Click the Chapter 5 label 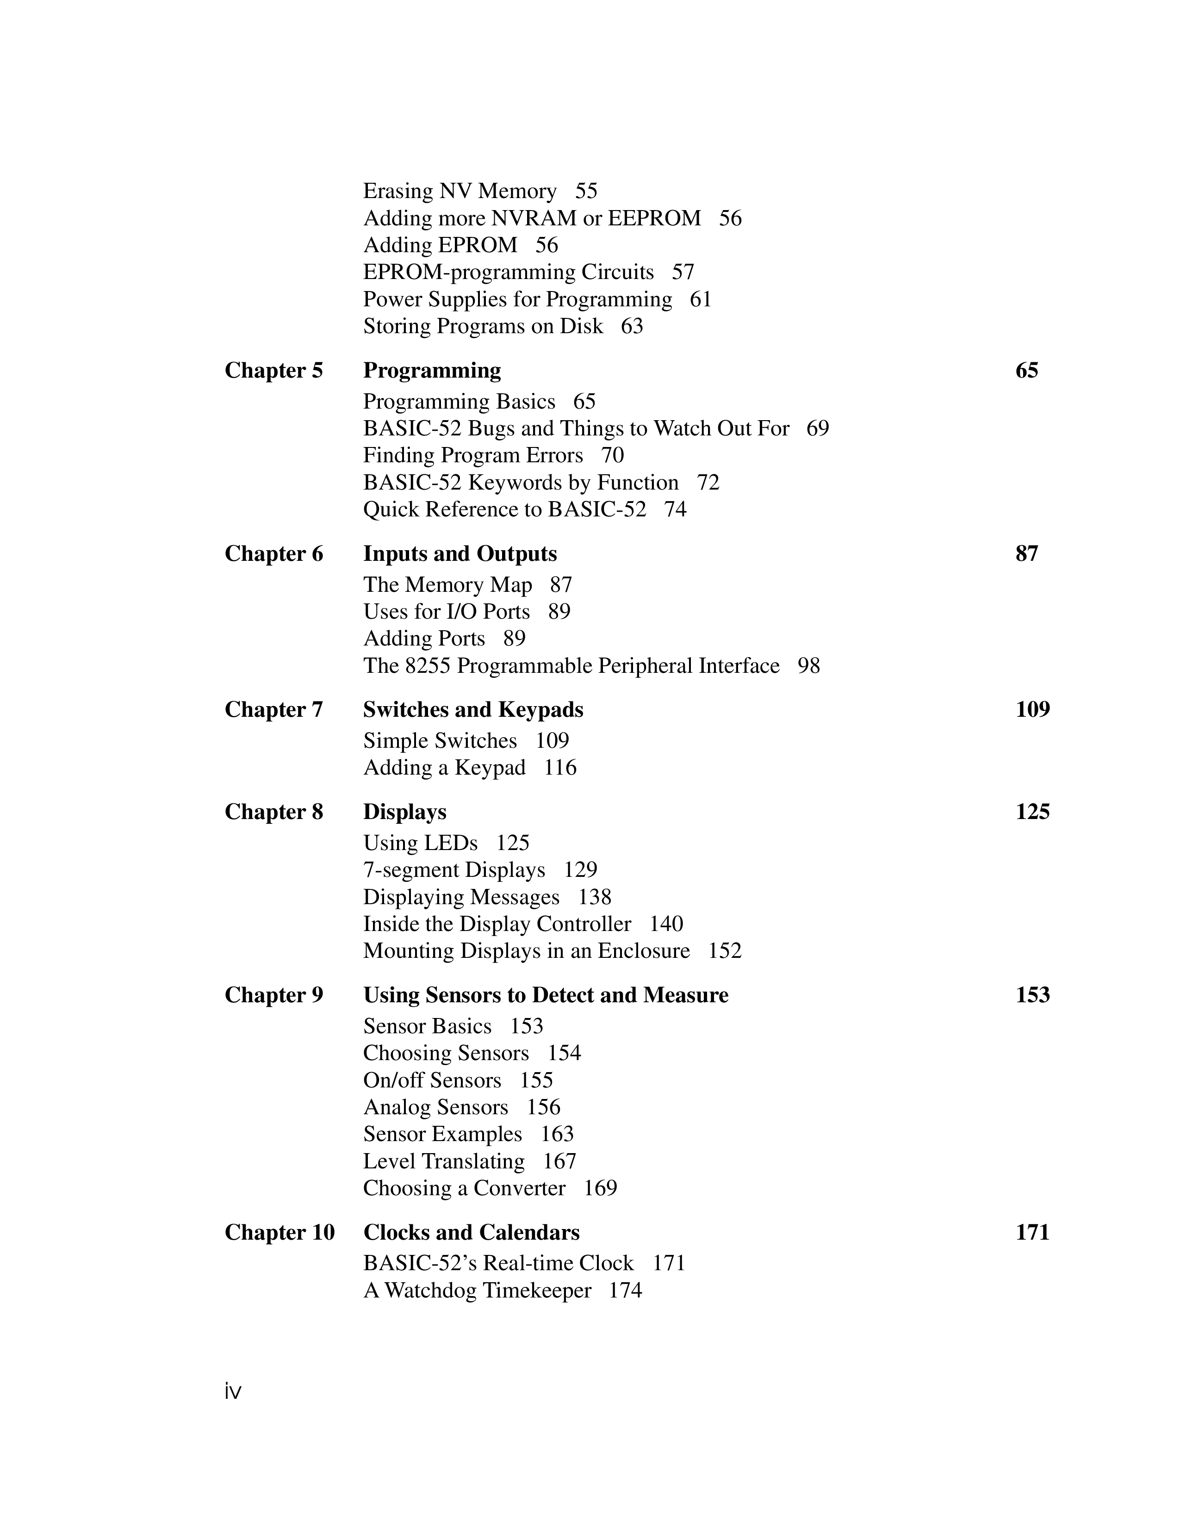273,371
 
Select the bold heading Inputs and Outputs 460,554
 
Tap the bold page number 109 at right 1032,710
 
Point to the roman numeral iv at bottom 233,1392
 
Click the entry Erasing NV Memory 460,191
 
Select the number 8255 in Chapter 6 428,665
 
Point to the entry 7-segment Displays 453,870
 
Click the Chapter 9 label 273,995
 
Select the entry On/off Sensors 432,1080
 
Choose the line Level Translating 443,1161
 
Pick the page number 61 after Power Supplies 701,299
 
